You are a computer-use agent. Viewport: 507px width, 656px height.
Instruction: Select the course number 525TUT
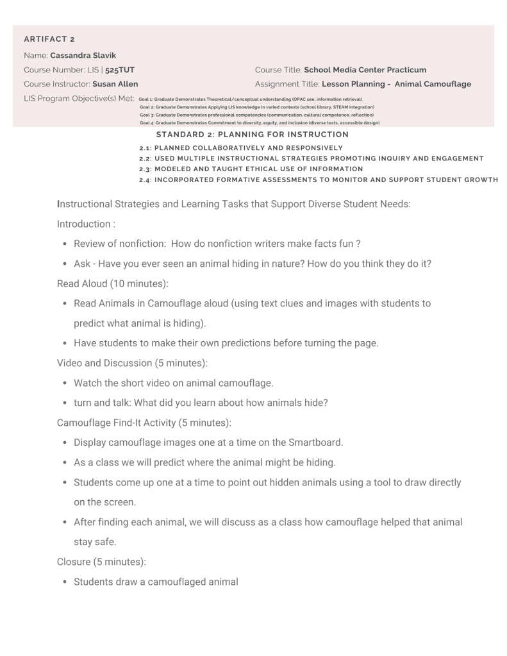(x=120, y=69)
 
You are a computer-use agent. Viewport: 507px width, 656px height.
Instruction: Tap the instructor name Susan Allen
(x=115, y=83)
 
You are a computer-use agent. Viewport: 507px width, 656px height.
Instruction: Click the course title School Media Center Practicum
(x=365, y=69)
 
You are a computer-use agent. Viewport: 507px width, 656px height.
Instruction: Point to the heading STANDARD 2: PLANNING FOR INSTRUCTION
(x=252, y=135)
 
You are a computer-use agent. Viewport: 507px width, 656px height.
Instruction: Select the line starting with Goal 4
(x=260, y=122)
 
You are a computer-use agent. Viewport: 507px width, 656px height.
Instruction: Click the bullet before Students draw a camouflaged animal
(x=65, y=582)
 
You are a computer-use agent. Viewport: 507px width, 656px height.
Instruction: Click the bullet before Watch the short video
(x=65, y=383)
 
